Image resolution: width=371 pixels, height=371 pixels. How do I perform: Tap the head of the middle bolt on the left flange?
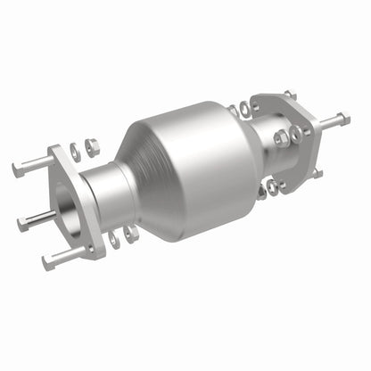[x=22, y=218]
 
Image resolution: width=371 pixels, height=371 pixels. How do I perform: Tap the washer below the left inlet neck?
[x=114, y=239]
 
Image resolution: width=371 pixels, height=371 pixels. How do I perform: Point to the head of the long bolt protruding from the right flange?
[x=344, y=117]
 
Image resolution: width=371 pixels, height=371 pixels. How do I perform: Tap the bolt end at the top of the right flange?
[x=288, y=93]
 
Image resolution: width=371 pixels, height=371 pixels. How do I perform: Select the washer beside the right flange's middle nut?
[x=296, y=133]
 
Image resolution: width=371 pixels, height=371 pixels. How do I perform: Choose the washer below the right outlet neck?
[x=265, y=189]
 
